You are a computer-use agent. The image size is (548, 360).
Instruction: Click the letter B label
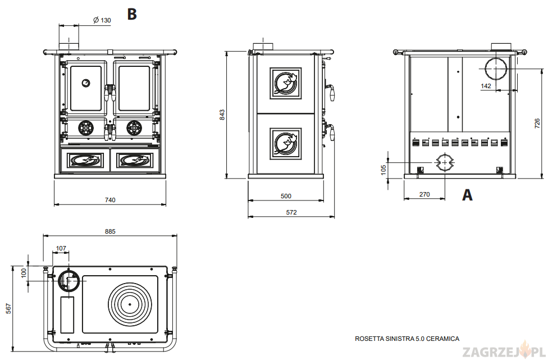pos(132,13)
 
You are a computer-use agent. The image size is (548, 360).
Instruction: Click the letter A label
pos(467,195)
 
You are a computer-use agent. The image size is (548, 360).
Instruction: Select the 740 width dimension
pos(110,200)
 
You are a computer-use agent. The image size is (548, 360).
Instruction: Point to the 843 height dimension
pos(222,115)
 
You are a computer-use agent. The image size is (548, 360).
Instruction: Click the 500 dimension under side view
pos(286,196)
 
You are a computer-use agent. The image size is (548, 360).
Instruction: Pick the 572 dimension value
pos(291,212)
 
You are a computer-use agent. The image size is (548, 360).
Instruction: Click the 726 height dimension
pos(537,122)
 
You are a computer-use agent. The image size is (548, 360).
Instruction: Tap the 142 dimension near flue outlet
pos(486,86)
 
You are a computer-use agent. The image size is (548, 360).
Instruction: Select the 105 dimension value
pos(383,169)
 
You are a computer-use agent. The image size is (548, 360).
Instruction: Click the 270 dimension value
pos(424,194)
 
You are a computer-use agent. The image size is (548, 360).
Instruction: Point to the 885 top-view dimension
pos(110,231)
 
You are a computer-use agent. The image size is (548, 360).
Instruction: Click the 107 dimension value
pos(61,248)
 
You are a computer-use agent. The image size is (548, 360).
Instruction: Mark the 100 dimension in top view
pos(24,272)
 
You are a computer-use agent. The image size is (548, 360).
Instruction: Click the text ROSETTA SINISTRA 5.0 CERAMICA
pos(407,339)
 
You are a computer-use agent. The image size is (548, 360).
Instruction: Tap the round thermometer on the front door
pos(85,83)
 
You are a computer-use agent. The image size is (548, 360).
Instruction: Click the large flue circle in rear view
pos(496,69)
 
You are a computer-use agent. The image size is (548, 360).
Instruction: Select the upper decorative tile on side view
pos(286,83)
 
